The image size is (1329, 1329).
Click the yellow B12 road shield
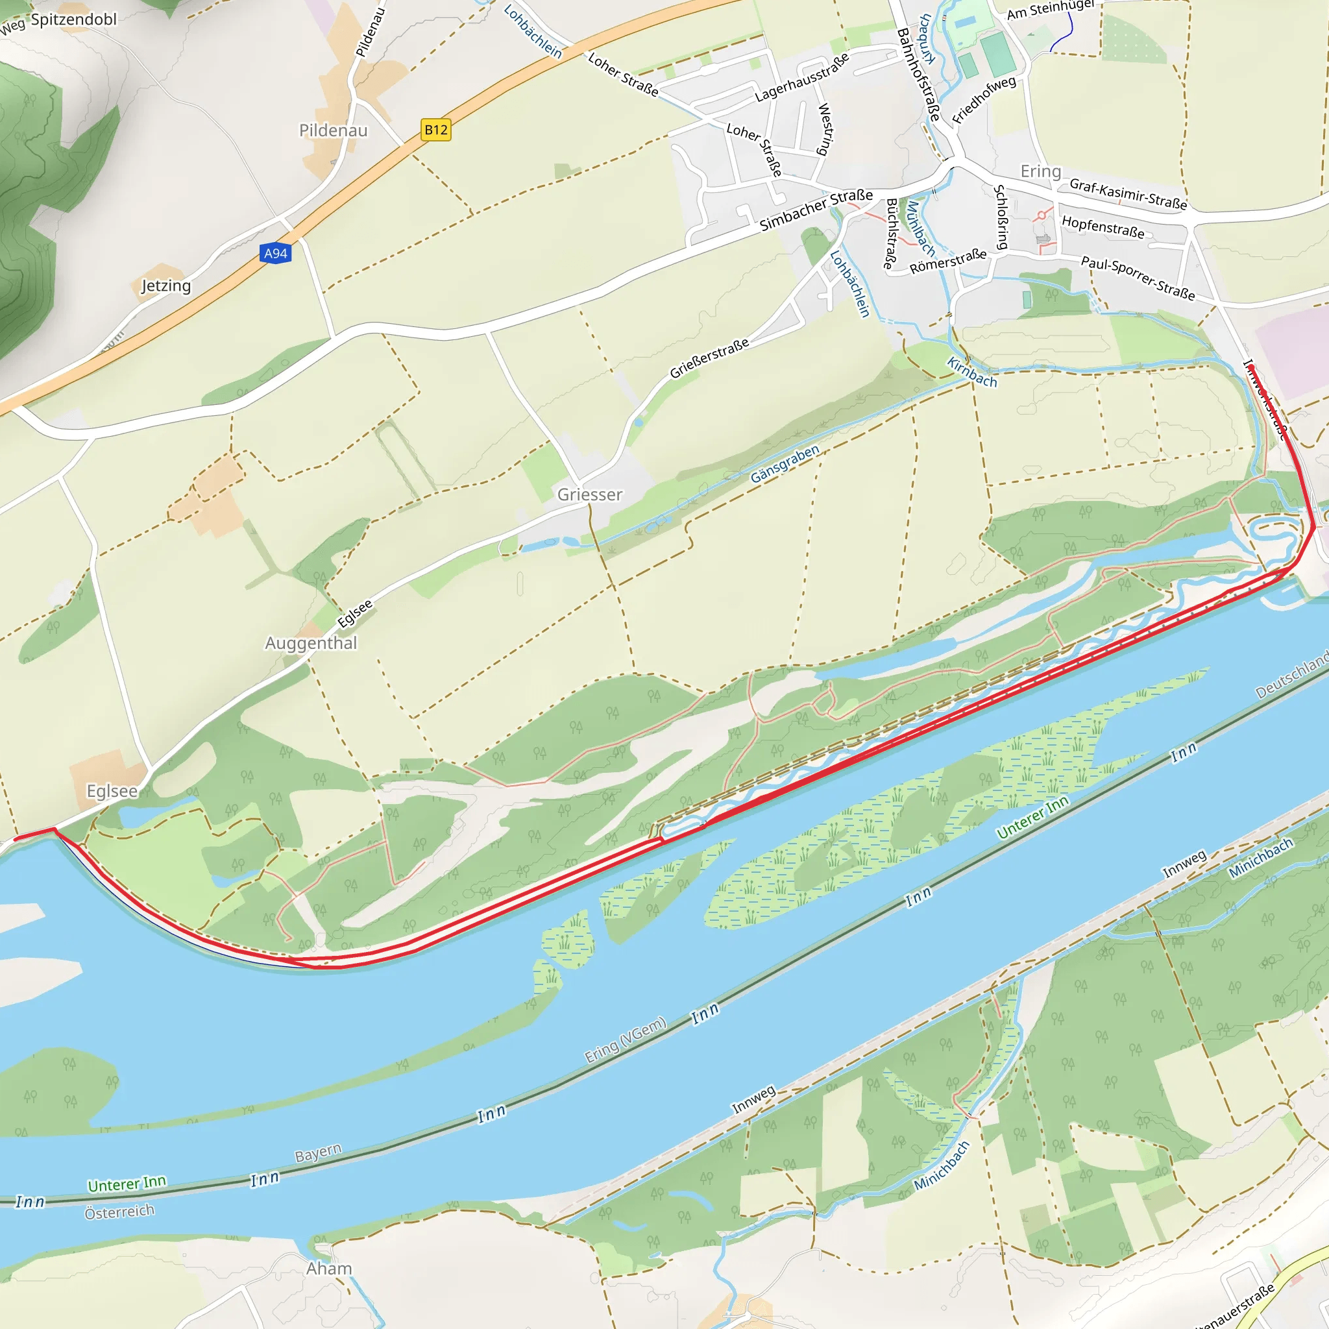[x=435, y=129]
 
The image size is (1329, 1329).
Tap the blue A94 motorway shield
[x=276, y=253]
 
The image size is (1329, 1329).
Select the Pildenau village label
[x=333, y=130]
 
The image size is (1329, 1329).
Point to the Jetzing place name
[x=165, y=286]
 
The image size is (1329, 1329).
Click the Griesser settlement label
[x=589, y=494]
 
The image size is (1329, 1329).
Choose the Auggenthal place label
[x=311, y=643]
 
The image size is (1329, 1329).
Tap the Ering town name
[x=1040, y=171]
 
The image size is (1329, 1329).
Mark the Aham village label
[x=329, y=1269]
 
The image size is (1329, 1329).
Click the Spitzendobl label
[x=73, y=19]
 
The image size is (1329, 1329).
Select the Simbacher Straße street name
[x=816, y=210]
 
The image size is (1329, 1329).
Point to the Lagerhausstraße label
[x=801, y=77]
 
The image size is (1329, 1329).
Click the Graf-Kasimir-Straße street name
[x=1127, y=193]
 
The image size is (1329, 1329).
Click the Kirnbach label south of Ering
[x=971, y=372]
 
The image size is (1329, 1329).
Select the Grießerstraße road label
[x=709, y=358]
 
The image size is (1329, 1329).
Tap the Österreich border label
[x=119, y=1212]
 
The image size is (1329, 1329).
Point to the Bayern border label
[x=318, y=1153]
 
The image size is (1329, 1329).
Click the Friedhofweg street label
[x=984, y=100]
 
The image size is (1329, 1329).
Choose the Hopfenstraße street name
[x=1103, y=226]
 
